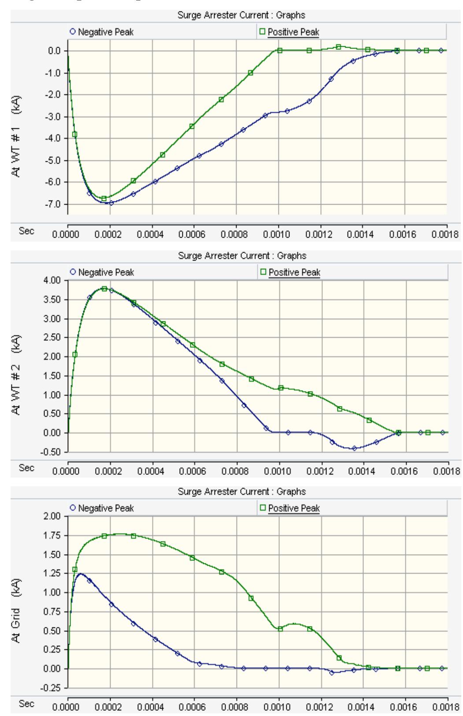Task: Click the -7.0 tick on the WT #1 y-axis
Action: (55, 204)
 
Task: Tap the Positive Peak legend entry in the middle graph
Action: (290, 272)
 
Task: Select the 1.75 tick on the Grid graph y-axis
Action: (55, 536)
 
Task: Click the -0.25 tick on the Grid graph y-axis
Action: (54, 687)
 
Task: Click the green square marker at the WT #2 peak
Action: (104, 289)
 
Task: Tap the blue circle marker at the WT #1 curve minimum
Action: (111, 203)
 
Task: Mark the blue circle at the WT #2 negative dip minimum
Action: (354, 448)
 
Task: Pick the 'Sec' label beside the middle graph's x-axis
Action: (26, 468)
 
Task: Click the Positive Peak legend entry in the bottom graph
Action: (290, 508)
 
